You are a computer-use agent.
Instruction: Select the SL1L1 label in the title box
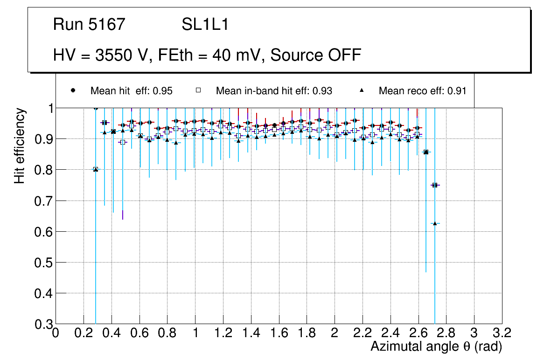coord(205,25)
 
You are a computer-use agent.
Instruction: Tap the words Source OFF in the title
coord(316,55)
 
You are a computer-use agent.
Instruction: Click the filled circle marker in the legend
coord(73,90)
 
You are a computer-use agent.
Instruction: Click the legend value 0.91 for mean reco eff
coord(457,91)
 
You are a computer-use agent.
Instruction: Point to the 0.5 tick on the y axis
coord(42,263)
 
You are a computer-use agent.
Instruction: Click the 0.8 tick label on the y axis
coord(42,170)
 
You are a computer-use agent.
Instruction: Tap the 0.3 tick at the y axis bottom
coord(42,324)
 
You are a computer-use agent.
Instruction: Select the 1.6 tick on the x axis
coord(279,333)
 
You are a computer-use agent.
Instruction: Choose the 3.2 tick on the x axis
coord(502,333)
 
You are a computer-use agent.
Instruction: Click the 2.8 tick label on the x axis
coord(446,333)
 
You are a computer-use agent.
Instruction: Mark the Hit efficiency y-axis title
coord(20,145)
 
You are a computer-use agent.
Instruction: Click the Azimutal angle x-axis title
coord(436,346)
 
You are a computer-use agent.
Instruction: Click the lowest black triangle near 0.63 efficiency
coord(435,223)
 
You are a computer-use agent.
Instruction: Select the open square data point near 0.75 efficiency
coord(435,185)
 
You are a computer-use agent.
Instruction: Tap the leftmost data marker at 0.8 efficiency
coord(96,169)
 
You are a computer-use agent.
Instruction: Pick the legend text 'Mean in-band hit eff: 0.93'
coord(274,91)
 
